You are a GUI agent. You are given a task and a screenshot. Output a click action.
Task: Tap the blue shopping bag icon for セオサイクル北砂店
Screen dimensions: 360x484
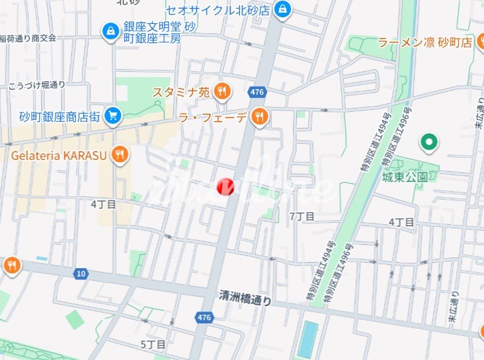283,10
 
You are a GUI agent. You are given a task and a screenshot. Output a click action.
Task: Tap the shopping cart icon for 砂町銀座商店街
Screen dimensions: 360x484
113,116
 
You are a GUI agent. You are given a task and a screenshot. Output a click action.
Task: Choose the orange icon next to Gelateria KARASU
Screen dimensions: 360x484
121,155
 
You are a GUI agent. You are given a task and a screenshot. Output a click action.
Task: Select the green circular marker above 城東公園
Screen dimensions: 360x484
429,142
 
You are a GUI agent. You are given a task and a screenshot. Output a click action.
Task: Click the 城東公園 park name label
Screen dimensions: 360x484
405,176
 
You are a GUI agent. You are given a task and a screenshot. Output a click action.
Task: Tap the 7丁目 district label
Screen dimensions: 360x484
301,216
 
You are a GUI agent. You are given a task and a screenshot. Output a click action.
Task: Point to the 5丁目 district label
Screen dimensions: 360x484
152,344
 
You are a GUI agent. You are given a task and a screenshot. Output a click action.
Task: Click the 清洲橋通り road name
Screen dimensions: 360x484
246,300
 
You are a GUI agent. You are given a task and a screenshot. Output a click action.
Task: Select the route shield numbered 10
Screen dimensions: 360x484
81,273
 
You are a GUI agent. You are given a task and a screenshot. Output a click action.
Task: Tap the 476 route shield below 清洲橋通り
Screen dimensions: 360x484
204,318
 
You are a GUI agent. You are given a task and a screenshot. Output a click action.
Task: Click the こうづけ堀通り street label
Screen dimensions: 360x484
37,85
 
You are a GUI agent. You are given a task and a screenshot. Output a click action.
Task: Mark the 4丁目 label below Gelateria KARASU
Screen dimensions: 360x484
103,204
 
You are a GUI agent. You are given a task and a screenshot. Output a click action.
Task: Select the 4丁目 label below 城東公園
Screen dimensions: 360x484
401,222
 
